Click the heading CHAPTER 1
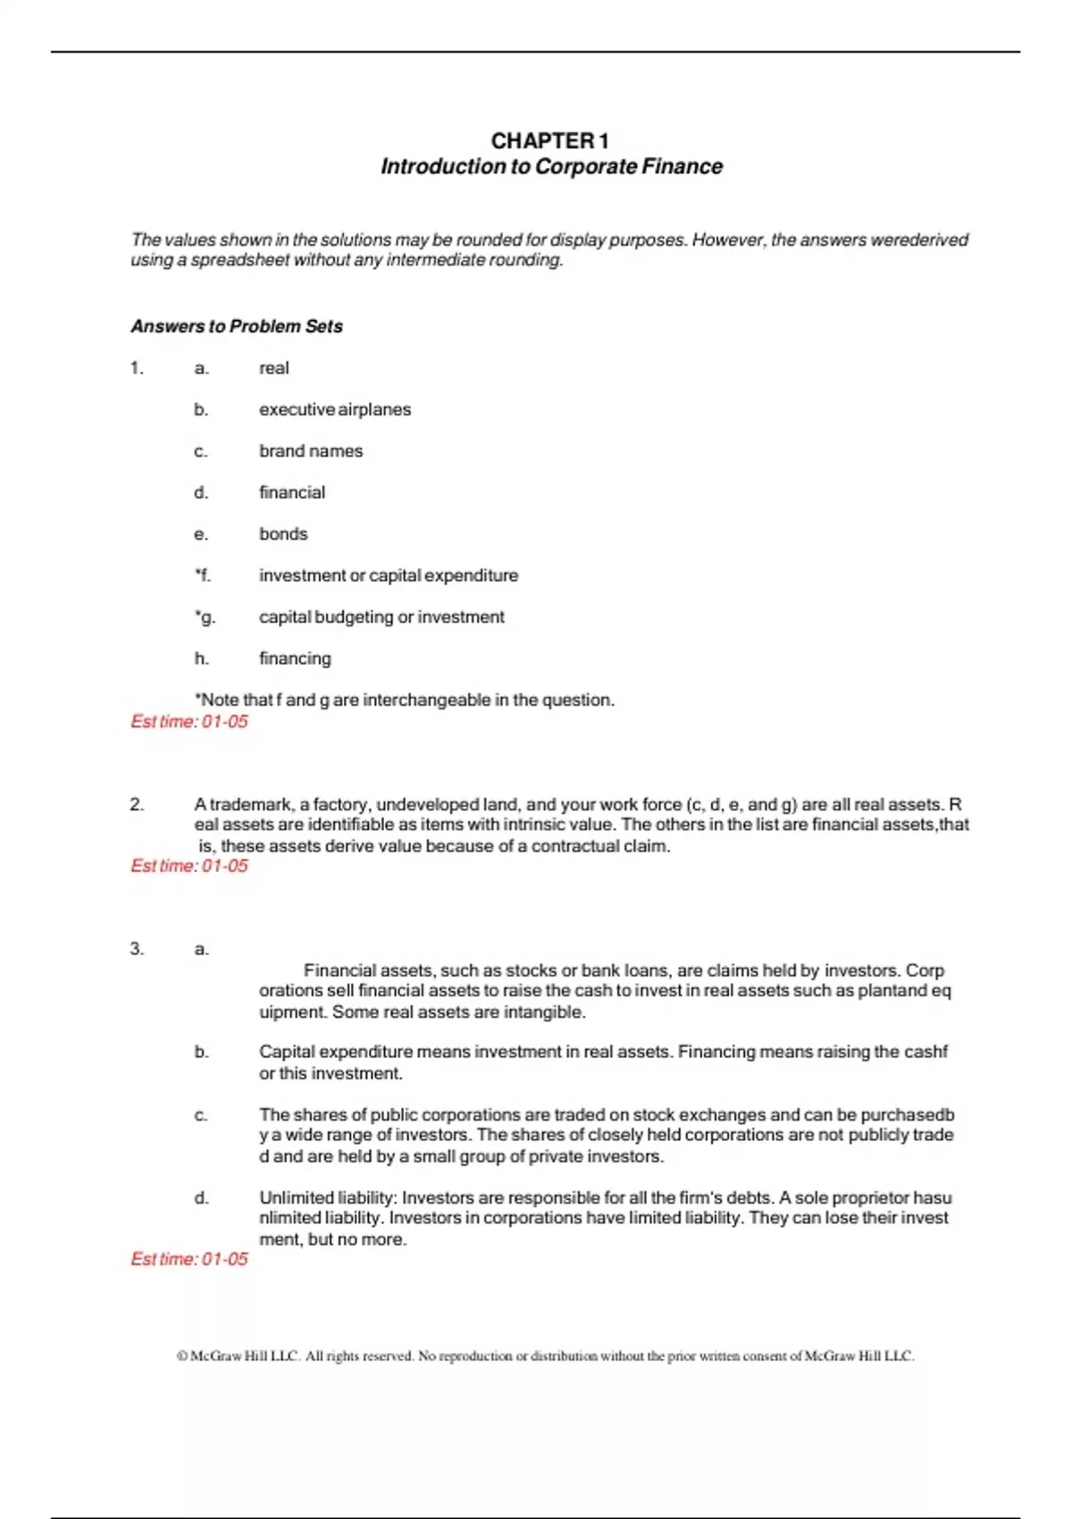pos(549,141)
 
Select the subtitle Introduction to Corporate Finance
pos(551,167)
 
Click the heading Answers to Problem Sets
pos(237,326)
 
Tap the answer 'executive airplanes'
pos(335,410)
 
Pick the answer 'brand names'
pos(311,451)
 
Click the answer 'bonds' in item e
pos(283,534)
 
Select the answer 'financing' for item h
pos(295,659)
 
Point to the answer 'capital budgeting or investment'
pos(381,617)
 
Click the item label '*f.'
pos(203,575)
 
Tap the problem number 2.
pos(137,804)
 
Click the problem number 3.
pos(137,949)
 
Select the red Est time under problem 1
pos(189,722)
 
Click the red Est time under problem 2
pos(189,866)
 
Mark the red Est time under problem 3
pos(189,1259)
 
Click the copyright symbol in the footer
pos(182,1356)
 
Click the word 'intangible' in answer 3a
pos(544,1012)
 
